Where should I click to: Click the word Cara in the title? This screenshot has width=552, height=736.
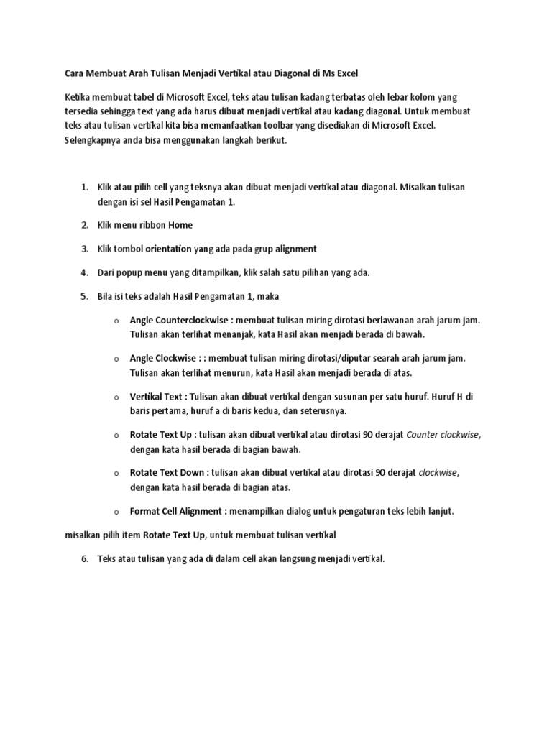pyautogui.click(x=74, y=74)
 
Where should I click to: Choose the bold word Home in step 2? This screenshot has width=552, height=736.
pyautogui.click(x=180, y=226)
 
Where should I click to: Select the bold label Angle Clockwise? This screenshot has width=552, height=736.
pyautogui.click(x=160, y=358)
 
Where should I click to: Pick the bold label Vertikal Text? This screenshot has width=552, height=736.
pyautogui.click(x=157, y=397)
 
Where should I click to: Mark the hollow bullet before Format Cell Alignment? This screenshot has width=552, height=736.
pyautogui.click(x=116, y=512)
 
